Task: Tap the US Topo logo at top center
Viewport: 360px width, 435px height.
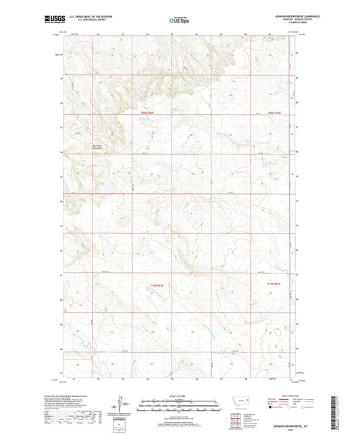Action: pyautogui.click(x=179, y=21)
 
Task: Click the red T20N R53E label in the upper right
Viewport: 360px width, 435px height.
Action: pyautogui.click(x=274, y=113)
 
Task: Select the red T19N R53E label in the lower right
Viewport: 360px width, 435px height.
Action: pyautogui.click(x=274, y=284)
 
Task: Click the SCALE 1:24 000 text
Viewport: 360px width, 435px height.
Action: pyautogui.click(x=180, y=396)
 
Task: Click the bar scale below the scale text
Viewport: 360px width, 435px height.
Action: pyautogui.click(x=180, y=405)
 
